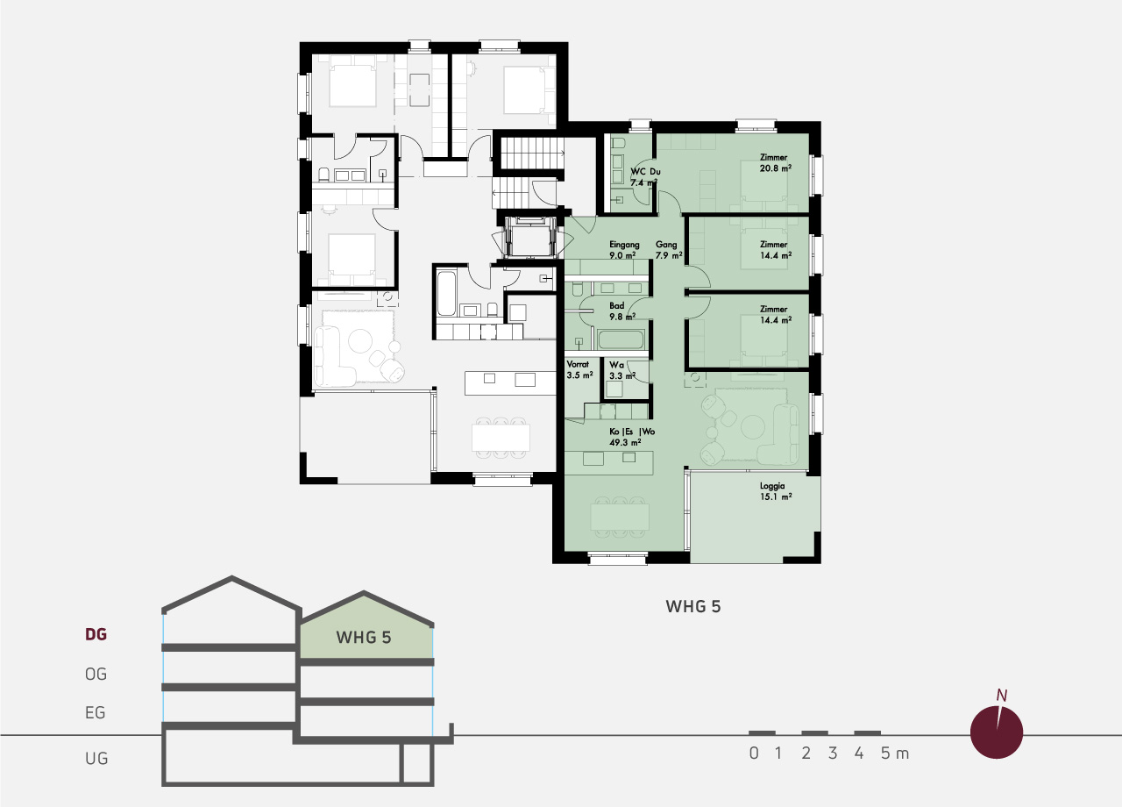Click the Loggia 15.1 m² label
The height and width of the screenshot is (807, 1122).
click(776, 491)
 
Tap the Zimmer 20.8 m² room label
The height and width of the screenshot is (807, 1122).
click(776, 163)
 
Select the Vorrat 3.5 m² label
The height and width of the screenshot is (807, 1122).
click(580, 369)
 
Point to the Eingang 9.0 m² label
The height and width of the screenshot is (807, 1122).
click(624, 250)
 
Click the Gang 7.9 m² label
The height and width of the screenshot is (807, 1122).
click(669, 250)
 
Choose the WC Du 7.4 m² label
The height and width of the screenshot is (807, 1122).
click(645, 177)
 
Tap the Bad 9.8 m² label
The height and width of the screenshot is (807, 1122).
click(622, 311)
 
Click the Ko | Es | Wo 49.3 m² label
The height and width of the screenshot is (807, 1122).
click(632, 437)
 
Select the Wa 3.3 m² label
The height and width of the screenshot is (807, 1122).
click(622, 370)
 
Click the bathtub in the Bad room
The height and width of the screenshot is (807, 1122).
click(621, 339)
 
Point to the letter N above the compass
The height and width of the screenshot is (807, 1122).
click(1001, 696)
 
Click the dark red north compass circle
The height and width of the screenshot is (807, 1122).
click(997, 732)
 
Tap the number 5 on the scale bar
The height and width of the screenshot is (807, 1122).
click(885, 753)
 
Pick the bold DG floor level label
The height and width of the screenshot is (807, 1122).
click(96, 634)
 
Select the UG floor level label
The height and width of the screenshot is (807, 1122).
click(96, 759)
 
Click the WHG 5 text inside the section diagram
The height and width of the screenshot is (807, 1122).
click(364, 638)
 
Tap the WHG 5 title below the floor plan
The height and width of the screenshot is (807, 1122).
click(693, 606)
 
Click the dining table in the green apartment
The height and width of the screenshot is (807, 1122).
click(620, 517)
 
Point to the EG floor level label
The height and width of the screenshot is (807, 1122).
click(96, 713)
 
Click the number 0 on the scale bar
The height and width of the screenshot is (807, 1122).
click(754, 753)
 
